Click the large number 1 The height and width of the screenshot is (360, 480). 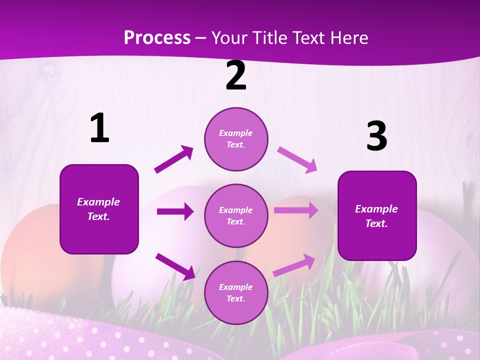[99, 128]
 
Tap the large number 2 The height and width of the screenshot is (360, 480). [236, 75]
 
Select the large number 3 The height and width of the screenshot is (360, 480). [376, 136]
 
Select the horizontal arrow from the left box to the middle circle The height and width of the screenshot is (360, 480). [175, 211]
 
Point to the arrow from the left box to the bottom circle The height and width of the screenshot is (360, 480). [175, 266]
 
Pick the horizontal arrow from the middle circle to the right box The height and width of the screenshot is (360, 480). [295, 210]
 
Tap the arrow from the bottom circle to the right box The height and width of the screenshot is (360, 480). [294, 265]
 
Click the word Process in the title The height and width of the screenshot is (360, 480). [157, 37]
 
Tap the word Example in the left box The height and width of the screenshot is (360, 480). [98, 202]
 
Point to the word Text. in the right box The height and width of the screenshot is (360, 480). [376, 223]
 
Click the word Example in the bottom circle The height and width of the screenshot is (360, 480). [236, 287]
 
